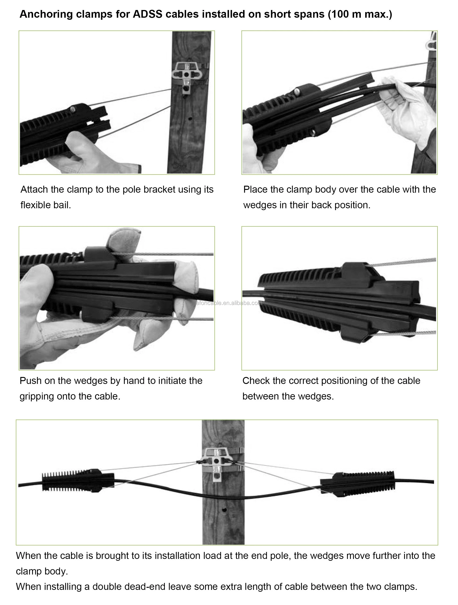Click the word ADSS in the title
(147, 14)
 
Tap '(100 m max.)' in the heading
(360, 14)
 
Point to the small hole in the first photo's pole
(190, 119)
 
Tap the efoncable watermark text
(229, 303)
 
